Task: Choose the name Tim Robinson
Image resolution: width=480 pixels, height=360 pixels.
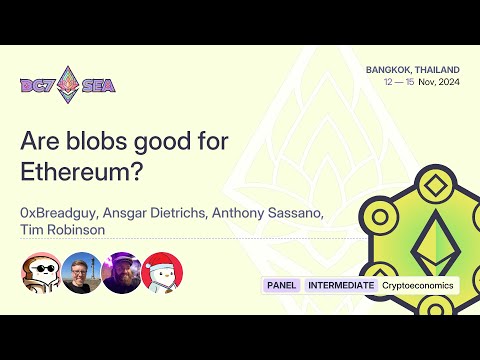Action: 61,231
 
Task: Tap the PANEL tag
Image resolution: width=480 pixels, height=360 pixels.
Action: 282,285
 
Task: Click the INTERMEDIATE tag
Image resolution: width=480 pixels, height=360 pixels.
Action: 341,285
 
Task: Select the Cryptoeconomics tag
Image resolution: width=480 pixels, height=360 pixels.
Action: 417,285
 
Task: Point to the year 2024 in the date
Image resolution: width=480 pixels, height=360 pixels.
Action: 447,82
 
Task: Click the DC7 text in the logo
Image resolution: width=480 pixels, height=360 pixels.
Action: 39,84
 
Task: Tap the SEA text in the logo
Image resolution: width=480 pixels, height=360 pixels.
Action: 98,84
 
